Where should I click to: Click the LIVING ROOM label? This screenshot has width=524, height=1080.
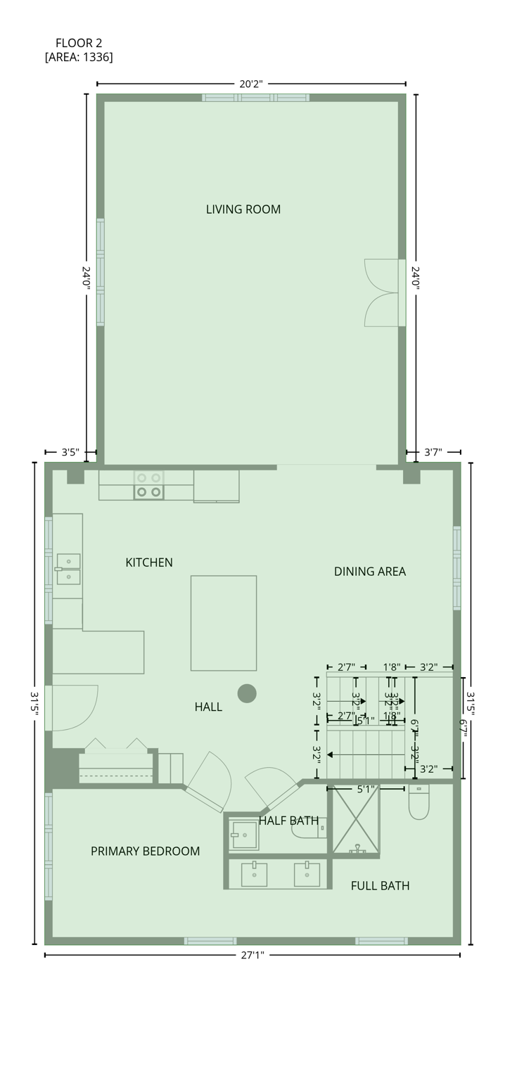(243, 209)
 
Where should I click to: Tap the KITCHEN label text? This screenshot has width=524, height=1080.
(148, 562)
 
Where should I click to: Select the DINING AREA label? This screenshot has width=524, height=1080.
(369, 572)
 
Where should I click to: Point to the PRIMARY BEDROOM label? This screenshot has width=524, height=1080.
(145, 851)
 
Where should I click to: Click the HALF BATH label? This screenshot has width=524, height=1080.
(288, 821)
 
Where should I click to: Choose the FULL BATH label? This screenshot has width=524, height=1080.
(380, 886)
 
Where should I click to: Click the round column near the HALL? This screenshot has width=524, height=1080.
(247, 694)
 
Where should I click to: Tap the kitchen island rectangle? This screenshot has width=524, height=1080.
(224, 623)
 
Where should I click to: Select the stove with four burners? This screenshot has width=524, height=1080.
(149, 485)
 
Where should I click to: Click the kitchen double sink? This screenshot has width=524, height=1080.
(68, 569)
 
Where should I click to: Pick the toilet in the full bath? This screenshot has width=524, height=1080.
(418, 803)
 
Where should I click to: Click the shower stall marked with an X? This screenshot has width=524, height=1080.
(356, 821)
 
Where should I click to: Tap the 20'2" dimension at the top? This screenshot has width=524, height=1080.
(251, 84)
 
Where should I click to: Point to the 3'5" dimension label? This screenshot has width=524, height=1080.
(70, 452)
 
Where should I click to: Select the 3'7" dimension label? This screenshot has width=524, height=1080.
(433, 452)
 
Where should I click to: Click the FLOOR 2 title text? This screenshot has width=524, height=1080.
(79, 43)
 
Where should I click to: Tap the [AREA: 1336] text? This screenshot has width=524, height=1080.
(79, 57)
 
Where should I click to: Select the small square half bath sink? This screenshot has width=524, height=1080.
(244, 835)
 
